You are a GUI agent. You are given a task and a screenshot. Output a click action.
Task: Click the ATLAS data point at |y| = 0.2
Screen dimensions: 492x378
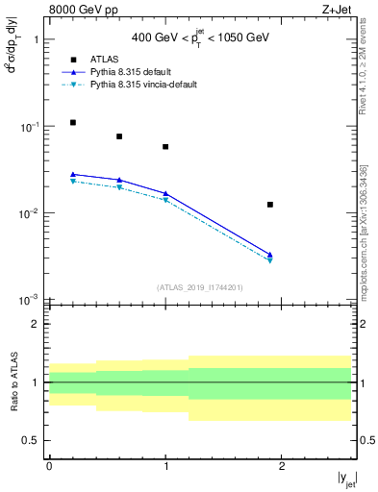pos(73,122)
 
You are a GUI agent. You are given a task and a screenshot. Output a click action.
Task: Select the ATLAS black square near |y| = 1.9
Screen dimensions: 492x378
pos(270,205)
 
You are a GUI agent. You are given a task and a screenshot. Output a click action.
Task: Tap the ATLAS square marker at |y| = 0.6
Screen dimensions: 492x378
pos(119,136)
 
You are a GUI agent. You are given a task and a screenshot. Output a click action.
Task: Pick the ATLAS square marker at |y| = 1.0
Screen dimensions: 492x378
pos(165,147)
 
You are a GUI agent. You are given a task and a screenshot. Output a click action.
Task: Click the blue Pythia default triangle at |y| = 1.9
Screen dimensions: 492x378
pos(270,255)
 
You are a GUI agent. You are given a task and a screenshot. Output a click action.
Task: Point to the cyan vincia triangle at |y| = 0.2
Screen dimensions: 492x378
pos(73,181)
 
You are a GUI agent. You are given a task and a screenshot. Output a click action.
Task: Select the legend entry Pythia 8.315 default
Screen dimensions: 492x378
pos(130,72)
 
